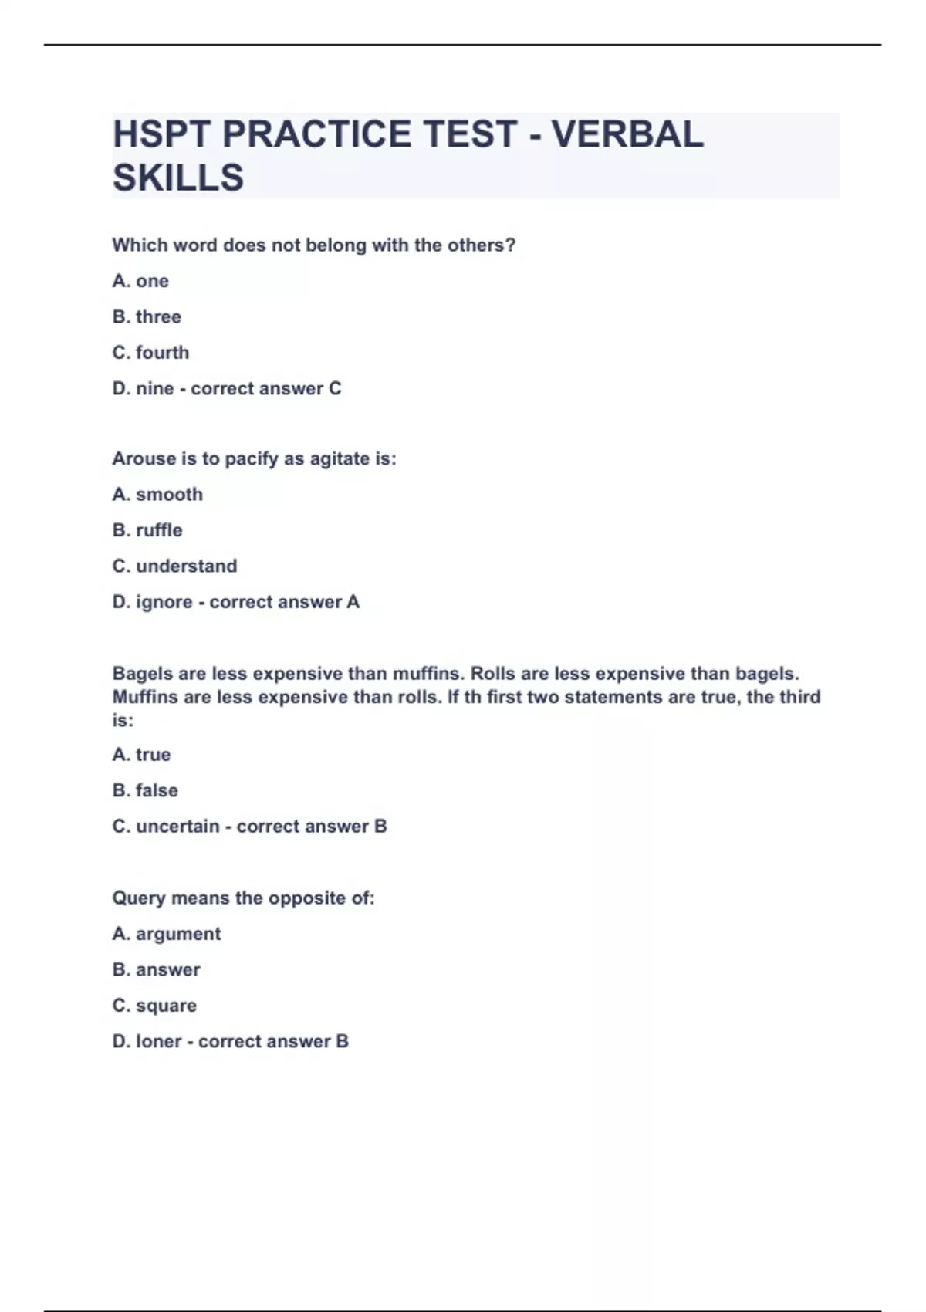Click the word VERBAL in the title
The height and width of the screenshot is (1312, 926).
pyautogui.click(x=627, y=134)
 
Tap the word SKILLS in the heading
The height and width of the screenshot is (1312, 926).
pyautogui.click(x=178, y=178)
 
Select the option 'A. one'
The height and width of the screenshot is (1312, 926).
pyautogui.click(x=140, y=281)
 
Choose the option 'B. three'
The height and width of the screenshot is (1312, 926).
pyautogui.click(x=147, y=317)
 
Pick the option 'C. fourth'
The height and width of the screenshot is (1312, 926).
pyautogui.click(x=150, y=353)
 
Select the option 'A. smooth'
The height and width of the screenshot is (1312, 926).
pyautogui.click(x=157, y=495)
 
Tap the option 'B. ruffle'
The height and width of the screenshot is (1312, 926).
pyautogui.click(x=147, y=531)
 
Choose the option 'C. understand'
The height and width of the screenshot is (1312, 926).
pyautogui.click(x=174, y=566)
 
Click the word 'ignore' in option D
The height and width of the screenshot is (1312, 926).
pyautogui.click(x=164, y=603)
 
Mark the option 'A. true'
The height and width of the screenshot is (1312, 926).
pyautogui.click(x=141, y=755)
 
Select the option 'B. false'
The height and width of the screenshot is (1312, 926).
pyautogui.click(x=145, y=791)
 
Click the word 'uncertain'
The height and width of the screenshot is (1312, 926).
pyautogui.click(x=177, y=827)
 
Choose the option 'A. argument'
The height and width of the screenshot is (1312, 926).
pyautogui.click(x=167, y=935)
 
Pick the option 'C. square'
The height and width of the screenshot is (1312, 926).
pyautogui.click(x=154, y=1006)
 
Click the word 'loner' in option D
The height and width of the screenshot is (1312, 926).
pyautogui.click(x=158, y=1042)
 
